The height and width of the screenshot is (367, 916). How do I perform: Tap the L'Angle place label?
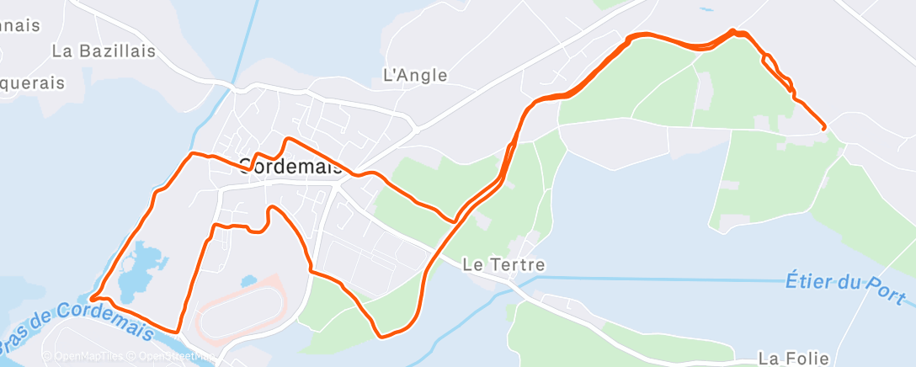click(x=415, y=75)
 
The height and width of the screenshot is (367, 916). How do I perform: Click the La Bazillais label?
click(x=104, y=51)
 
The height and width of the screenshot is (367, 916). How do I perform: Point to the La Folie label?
click(x=794, y=359)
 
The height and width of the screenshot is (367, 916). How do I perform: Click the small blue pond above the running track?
click(x=248, y=281)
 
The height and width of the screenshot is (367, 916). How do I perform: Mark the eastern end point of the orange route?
click(x=823, y=127)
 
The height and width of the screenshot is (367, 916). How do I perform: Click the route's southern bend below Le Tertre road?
click(x=384, y=335)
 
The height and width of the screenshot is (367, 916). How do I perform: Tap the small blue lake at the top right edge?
click(x=705, y=9)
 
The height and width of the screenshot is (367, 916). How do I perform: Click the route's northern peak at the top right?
click(x=733, y=31)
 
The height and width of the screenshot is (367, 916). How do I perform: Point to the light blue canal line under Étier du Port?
click(x=674, y=279)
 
